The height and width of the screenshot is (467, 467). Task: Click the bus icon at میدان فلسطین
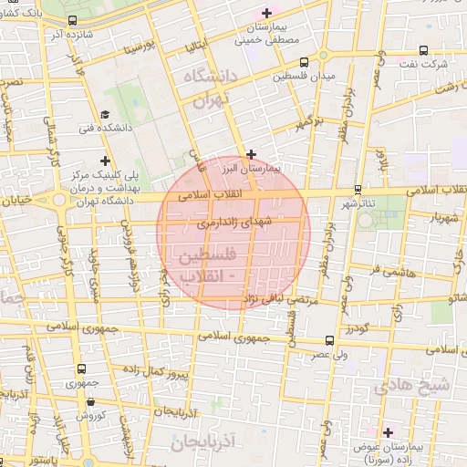304,63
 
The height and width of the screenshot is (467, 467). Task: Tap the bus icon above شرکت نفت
424,51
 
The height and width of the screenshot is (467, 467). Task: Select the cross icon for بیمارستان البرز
252,154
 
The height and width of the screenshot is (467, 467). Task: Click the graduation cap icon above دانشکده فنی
106,115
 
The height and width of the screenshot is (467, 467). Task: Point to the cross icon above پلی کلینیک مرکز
105,161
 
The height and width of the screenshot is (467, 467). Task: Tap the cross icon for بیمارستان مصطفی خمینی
266,13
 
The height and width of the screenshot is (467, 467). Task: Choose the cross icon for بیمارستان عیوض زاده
389,431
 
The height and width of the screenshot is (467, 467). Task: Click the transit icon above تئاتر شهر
359,189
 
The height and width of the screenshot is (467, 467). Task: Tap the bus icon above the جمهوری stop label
82,369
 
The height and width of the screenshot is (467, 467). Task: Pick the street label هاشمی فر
389,271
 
